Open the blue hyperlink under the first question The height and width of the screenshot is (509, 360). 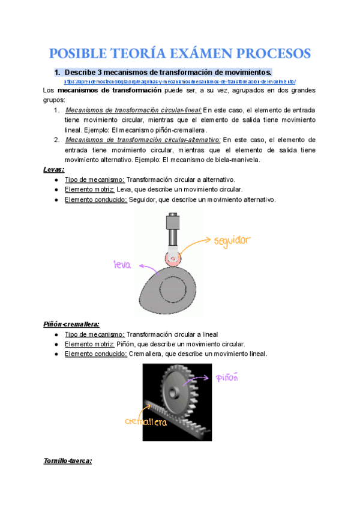[x=180, y=81]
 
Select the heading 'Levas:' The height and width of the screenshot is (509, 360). [x=54, y=170]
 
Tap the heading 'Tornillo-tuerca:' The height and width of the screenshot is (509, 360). [x=68, y=461]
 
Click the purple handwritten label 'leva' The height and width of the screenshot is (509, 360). [x=123, y=265]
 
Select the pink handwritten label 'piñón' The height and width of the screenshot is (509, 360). [x=228, y=378]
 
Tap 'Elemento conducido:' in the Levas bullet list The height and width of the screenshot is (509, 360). [x=95, y=200]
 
